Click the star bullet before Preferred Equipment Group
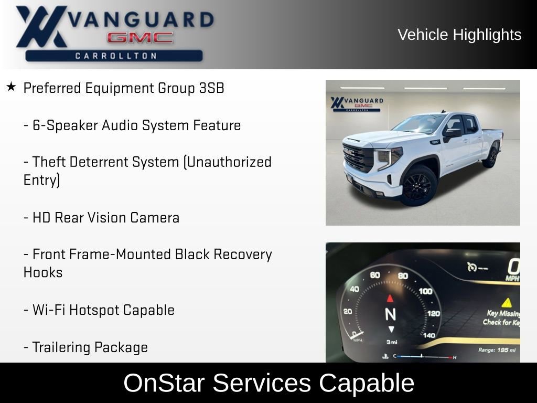pos(11,87)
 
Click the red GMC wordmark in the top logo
pos(140,37)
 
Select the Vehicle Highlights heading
pos(459,35)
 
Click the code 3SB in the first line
pos(211,88)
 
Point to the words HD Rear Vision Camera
pos(106,218)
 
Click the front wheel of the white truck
pos(418,187)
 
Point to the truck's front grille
pos(359,158)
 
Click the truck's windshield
pos(420,124)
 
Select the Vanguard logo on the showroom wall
pos(357,103)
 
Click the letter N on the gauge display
pos(390,314)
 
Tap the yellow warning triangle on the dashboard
pos(506,302)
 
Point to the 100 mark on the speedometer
pos(425,291)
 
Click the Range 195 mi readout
pos(497,350)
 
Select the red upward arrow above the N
pos(390,299)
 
